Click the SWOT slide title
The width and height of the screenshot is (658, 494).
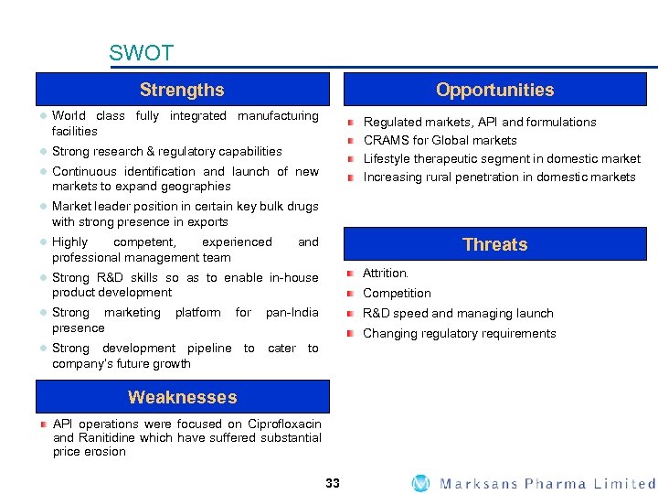pos(141,53)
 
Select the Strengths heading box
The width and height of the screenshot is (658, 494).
pos(182,90)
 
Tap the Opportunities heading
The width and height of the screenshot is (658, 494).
pos(494,90)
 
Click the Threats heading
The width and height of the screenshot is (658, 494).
pos(494,244)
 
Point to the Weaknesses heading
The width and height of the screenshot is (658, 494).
pos(182,397)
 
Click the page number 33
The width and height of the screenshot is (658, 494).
pos(332,483)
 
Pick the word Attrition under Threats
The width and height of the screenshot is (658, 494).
pos(386,273)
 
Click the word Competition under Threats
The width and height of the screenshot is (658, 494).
pos(397,293)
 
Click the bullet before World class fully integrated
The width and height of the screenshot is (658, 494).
pos(42,116)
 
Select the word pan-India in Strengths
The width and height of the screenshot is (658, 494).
pos(292,313)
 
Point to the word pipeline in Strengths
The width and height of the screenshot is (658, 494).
pos(209,349)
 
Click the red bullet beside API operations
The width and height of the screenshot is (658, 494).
pos(42,424)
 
